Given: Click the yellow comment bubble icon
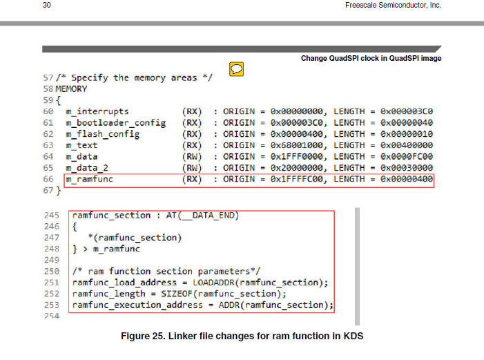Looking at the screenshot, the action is point(236,69).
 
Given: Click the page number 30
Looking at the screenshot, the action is point(47,5).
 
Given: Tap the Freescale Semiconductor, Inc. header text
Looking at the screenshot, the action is point(394,5).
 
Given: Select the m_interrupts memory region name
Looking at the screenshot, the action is point(97,111).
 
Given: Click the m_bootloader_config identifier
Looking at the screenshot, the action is point(116,123).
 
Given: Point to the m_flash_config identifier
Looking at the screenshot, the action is point(102,134).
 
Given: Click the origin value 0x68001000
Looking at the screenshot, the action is point(297,145).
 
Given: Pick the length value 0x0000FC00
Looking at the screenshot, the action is point(407,157).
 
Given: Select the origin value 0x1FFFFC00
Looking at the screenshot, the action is point(297,179).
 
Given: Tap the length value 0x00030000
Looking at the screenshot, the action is point(407,168).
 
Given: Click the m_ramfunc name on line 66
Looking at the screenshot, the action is point(90,179).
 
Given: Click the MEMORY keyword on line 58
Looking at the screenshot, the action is point(71,89).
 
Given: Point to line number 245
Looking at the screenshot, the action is point(52,216).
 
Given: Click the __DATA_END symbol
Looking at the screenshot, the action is point(208,216).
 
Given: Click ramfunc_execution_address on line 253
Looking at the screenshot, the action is point(137,305).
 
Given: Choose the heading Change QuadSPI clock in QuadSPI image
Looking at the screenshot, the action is point(371,59).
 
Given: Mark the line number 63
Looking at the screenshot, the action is point(48,145).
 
